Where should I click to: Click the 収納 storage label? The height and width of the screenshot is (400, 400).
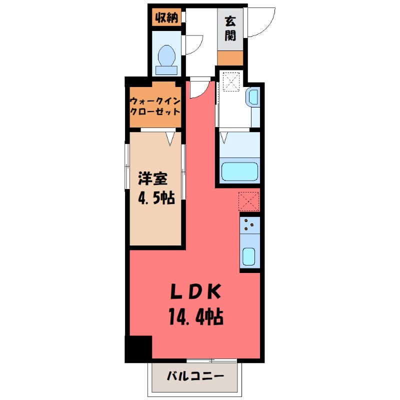point(166,18)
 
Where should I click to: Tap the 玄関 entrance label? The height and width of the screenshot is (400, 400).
point(229,28)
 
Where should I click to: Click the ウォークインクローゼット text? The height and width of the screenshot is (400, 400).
point(154,105)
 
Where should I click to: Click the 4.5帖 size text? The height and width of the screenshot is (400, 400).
point(155,198)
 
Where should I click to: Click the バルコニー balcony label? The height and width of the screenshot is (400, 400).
point(194,375)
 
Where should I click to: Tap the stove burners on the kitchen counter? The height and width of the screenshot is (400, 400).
point(249,225)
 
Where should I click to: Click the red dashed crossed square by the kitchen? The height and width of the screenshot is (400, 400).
point(249,201)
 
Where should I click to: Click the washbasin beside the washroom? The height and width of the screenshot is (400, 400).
point(253,98)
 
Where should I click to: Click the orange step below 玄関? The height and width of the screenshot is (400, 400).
point(229,57)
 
